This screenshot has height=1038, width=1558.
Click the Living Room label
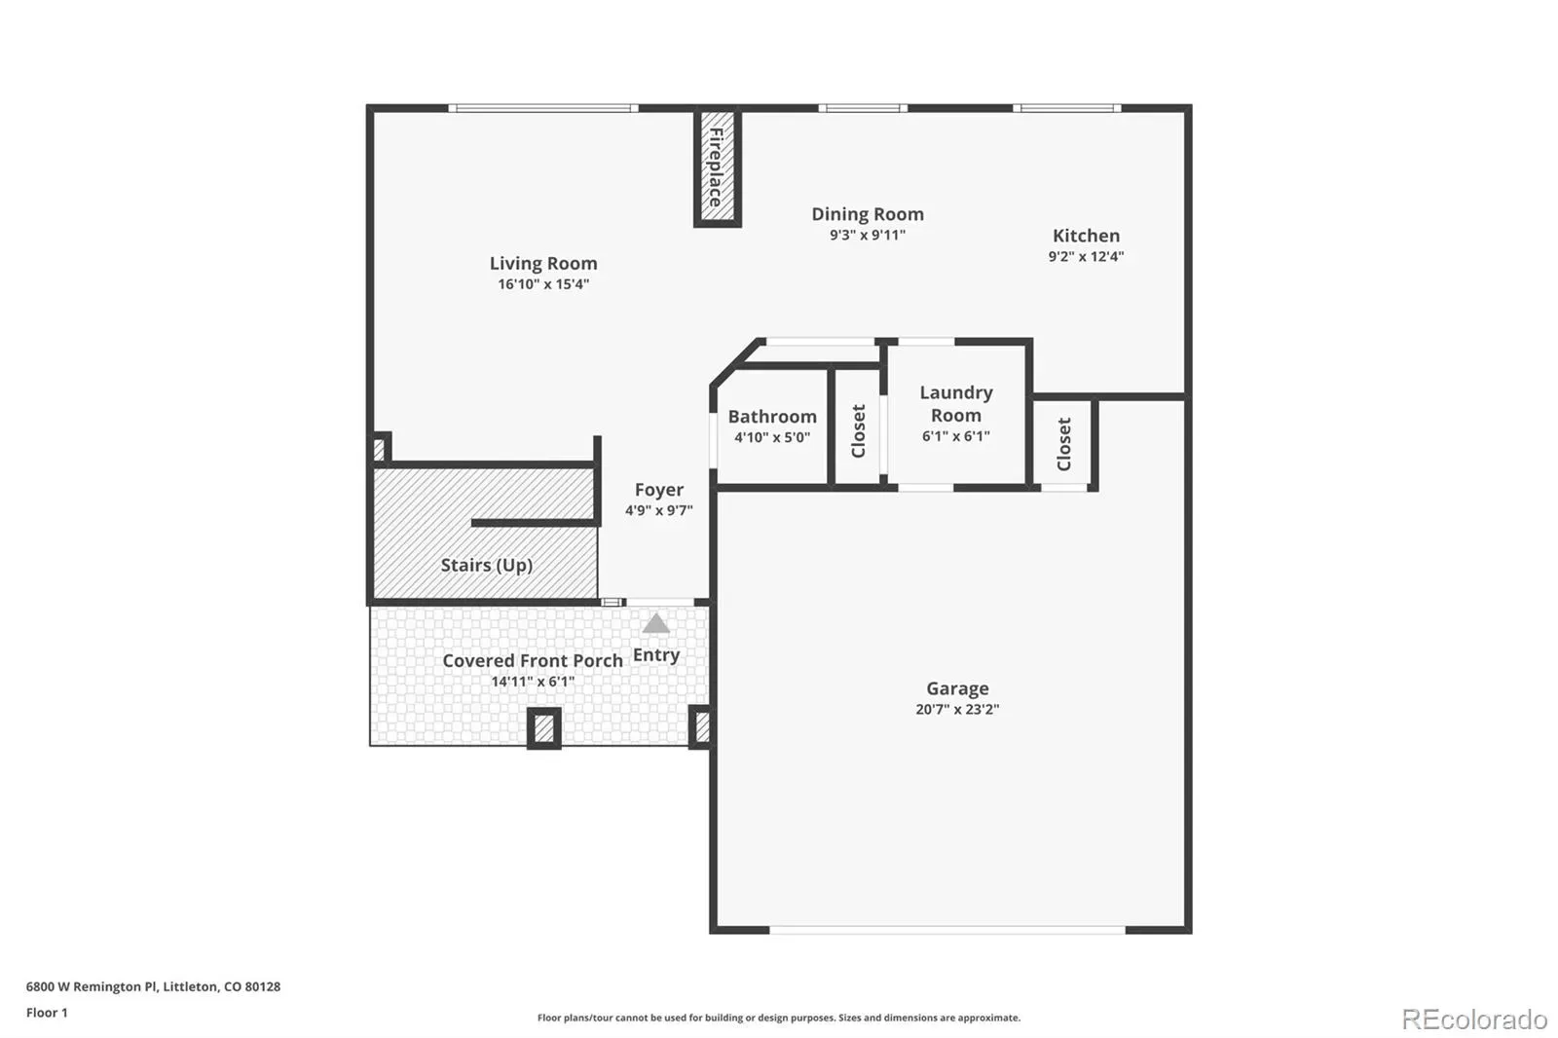pos(543,263)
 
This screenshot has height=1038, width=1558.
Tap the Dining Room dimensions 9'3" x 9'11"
pos(868,235)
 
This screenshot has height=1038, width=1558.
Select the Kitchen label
pos(1086,235)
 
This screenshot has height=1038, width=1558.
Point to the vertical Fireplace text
pos(716,167)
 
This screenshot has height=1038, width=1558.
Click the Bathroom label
pos(772,416)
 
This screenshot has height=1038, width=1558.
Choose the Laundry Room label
pos(955,403)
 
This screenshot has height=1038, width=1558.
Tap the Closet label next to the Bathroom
pos(858,431)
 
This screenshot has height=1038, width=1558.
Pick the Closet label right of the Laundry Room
pos(1063,444)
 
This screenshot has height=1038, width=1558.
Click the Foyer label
pos(658,489)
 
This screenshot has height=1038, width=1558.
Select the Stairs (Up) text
pos(486,565)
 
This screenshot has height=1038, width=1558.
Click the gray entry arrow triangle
pos(655,623)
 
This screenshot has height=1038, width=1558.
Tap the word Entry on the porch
pos(656,654)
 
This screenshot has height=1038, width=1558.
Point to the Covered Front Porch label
pos(532,660)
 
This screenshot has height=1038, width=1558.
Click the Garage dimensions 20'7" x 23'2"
pos(957,709)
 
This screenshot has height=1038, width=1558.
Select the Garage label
pos(957,688)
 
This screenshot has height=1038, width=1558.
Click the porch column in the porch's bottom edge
pos(544,728)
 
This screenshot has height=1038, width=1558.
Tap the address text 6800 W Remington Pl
pos(92,986)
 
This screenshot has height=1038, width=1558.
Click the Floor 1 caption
pos(47,1013)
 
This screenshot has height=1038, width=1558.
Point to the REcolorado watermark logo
pos(1474,1019)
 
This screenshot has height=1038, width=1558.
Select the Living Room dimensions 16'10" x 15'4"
pos(543,284)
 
